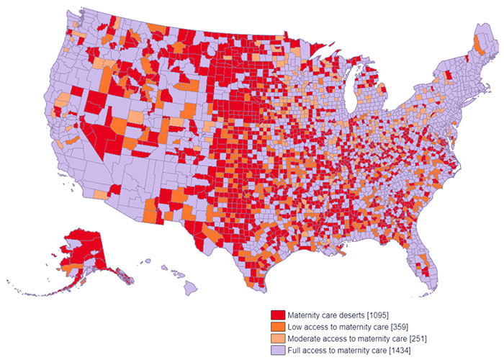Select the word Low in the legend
[x=294, y=326]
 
